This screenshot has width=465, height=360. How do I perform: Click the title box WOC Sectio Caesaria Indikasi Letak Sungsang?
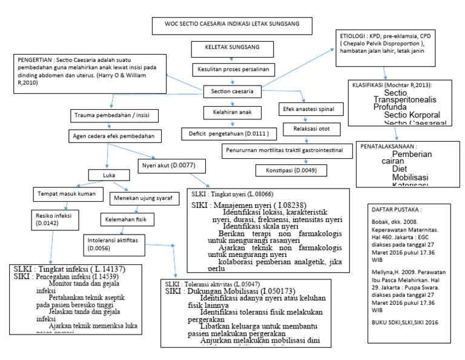tap(232, 26)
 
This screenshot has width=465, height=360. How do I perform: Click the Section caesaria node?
tap(232, 92)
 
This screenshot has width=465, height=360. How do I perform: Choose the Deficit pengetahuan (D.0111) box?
tap(232, 132)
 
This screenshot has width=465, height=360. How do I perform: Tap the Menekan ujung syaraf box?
tap(140, 197)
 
